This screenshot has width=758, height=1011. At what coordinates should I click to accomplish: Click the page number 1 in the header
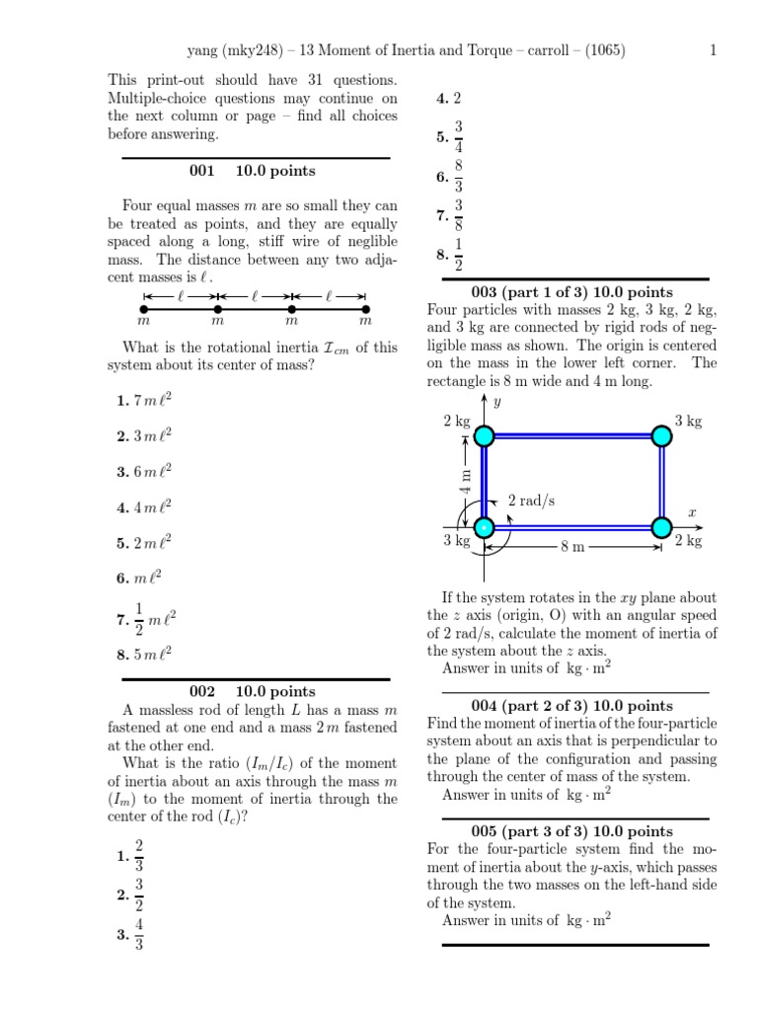tap(712, 50)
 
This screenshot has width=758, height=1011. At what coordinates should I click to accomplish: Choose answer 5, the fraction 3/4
tap(450, 137)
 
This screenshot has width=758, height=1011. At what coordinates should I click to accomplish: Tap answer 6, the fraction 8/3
tap(450, 177)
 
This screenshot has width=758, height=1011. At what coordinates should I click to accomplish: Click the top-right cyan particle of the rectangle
tap(661, 435)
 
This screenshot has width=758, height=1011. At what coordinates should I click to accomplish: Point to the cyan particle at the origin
tap(484, 527)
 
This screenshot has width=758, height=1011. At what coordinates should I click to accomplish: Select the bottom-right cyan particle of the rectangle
tap(661, 527)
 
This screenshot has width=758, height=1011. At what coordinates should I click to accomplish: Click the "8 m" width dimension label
tap(572, 546)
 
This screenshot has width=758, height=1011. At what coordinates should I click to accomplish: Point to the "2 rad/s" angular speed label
tap(531, 501)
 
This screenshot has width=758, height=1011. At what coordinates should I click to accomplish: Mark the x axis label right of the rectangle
tap(692, 512)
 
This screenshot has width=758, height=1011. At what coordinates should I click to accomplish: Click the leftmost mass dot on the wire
tap(144, 309)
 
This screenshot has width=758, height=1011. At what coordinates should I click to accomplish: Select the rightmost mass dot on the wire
tap(365, 309)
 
